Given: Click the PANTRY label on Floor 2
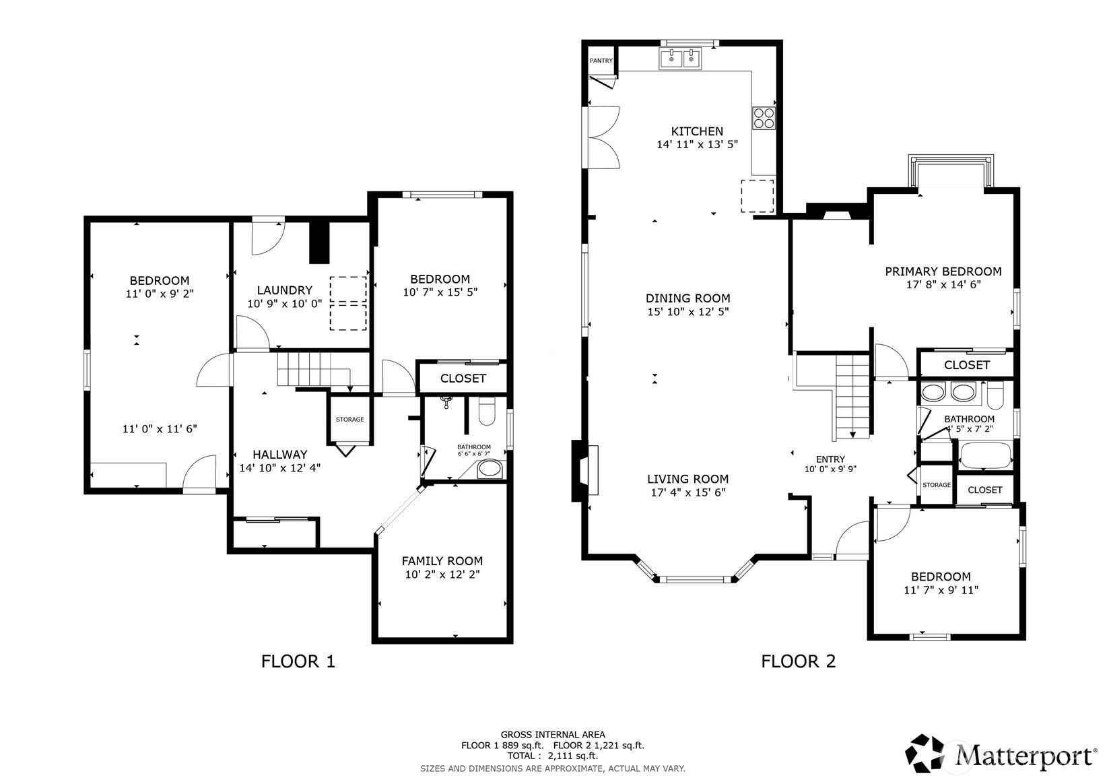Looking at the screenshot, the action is click(x=601, y=61).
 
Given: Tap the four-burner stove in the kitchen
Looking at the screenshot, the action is click(x=764, y=118).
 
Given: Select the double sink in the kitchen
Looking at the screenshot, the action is click(x=680, y=59).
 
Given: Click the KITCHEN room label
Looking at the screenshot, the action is click(x=697, y=131).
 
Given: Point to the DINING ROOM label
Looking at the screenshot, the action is click(x=687, y=298).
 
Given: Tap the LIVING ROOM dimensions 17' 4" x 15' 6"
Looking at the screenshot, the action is click(x=687, y=492).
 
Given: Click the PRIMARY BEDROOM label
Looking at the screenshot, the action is click(x=943, y=271).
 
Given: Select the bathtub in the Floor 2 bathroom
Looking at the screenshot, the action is click(x=985, y=455).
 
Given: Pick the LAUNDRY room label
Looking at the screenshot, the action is click(x=285, y=290).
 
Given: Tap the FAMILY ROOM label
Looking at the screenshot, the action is click(x=442, y=561).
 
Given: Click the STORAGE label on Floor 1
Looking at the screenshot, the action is click(x=349, y=420).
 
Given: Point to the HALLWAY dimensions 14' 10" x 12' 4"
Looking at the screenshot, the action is click(x=279, y=467).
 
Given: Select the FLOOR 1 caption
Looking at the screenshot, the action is click(x=298, y=661).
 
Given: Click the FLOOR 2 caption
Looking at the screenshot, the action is click(x=798, y=661).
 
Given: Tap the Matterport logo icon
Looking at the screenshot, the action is click(x=925, y=753).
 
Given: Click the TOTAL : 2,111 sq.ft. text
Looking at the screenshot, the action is click(x=553, y=756).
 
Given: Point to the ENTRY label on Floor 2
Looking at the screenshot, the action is click(x=830, y=459).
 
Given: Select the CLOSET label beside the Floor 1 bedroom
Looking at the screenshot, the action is click(x=463, y=379).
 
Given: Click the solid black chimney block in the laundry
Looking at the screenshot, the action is click(x=319, y=242).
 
